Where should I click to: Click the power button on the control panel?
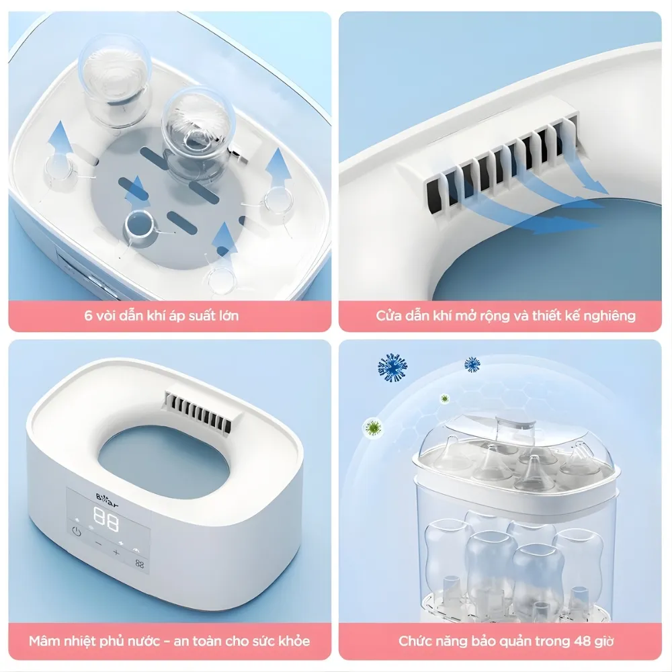pos(77,532)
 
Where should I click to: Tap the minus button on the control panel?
pos(98,544)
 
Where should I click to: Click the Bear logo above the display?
pos(107,500)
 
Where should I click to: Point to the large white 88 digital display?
pos(106,519)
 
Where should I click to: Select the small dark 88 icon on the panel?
pos(139,564)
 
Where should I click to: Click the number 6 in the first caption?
pos(88,316)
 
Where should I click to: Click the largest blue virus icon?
pos(392,368)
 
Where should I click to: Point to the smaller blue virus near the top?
pos(472,364)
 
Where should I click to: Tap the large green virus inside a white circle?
pos(373,427)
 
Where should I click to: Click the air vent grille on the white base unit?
pos(198,411)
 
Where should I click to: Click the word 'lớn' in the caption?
pos(228,315)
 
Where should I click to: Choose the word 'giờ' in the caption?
pos(604,641)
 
